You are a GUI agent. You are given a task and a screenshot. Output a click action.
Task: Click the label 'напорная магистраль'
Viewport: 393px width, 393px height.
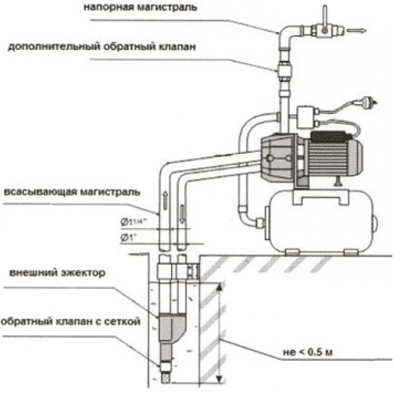click(x=140, y=7)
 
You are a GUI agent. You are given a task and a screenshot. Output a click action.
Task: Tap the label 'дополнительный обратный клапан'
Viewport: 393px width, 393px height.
click(x=102, y=47)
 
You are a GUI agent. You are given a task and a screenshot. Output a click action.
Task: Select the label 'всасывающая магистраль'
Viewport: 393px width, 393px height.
click(x=72, y=192)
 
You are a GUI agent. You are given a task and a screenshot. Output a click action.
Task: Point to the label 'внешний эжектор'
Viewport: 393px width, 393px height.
click(x=58, y=272)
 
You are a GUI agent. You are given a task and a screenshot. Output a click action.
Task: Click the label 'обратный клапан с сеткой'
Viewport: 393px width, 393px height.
click(x=71, y=322)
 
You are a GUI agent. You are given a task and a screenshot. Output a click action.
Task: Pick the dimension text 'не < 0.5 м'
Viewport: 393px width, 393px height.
click(x=308, y=352)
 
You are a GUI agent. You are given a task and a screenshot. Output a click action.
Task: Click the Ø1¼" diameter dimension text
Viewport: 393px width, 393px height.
click(x=134, y=222)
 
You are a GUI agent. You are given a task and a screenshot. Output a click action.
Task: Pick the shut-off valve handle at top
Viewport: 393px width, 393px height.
click(x=325, y=20)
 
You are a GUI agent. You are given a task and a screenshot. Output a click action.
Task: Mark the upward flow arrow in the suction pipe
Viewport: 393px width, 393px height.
click(x=165, y=200)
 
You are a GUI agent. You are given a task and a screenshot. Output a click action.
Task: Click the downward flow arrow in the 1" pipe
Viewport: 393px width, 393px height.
click(x=182, y=214)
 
